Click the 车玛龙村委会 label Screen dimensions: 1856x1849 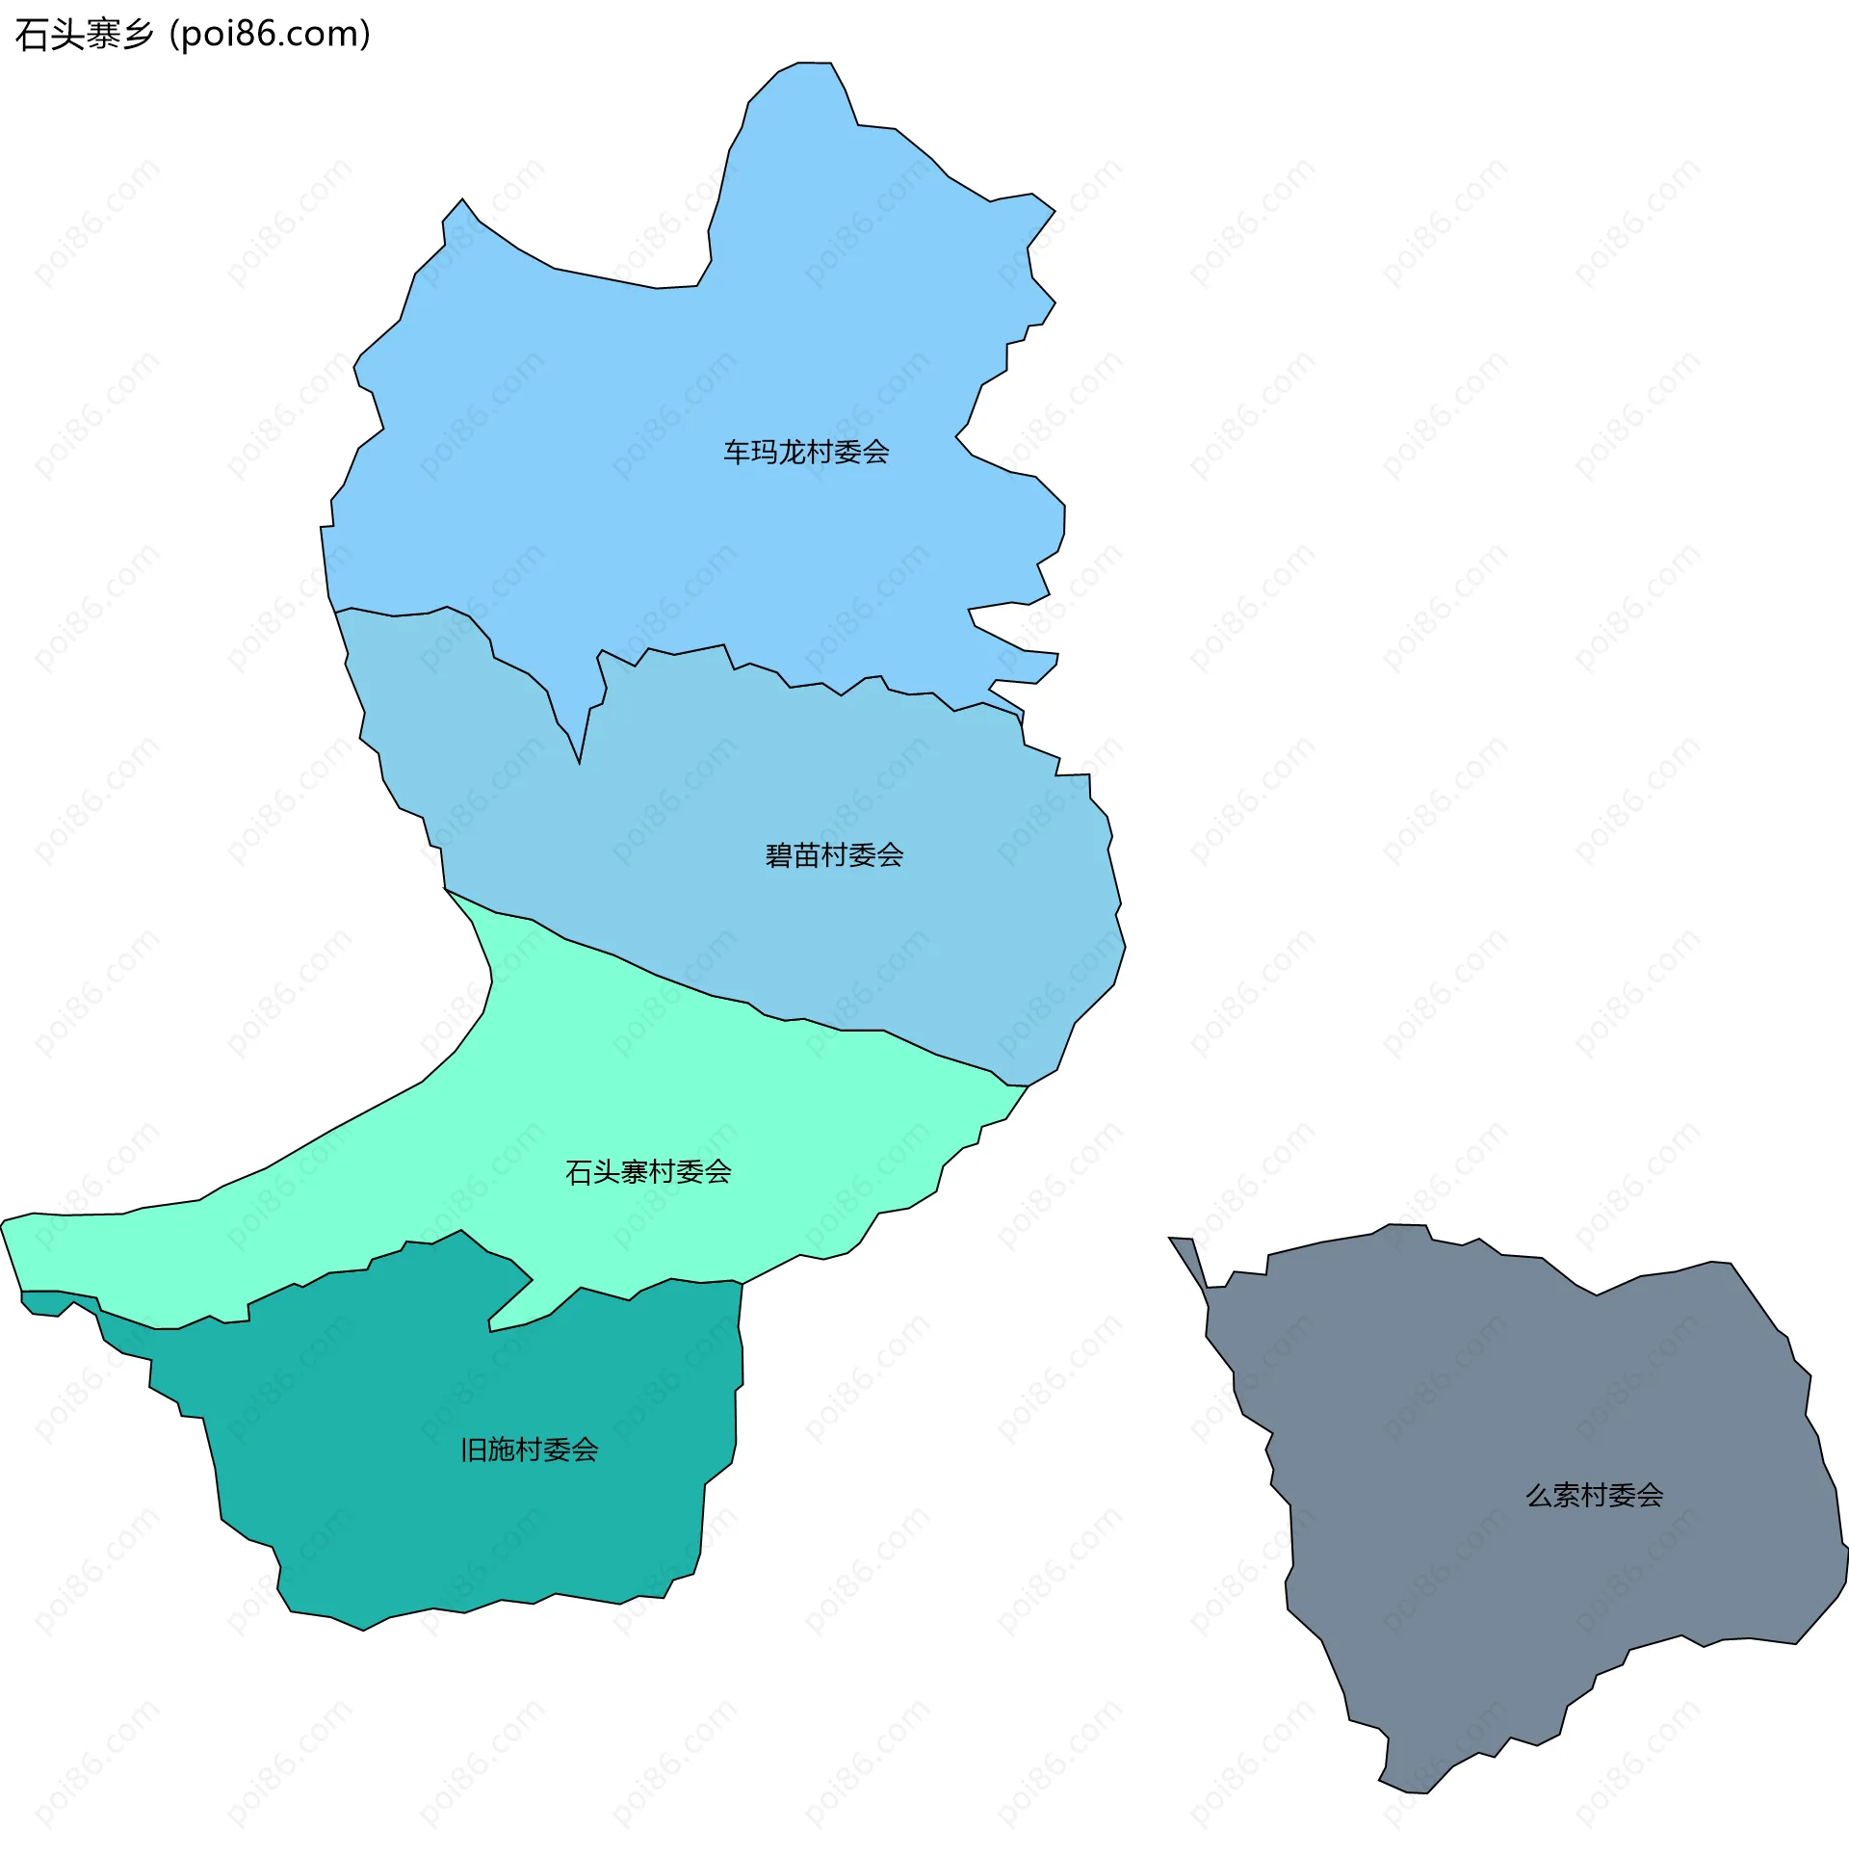[x=806, y=452]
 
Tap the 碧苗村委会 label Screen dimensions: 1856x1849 [x=834, y=854]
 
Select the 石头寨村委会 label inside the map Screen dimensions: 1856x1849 [x=648, y=1171]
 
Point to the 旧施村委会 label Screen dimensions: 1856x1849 [x=530, y=1450]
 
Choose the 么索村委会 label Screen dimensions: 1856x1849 [x=1595, y=1495]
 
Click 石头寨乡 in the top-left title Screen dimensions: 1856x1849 [x=85, y=35]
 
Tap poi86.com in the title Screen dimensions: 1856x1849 [x=270, y=35]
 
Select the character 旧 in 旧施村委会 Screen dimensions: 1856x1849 [x=474, y=1450]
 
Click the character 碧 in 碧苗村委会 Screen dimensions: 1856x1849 [x=779, y=854]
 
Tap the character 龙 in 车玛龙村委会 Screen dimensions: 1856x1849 [x=793, y=452]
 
